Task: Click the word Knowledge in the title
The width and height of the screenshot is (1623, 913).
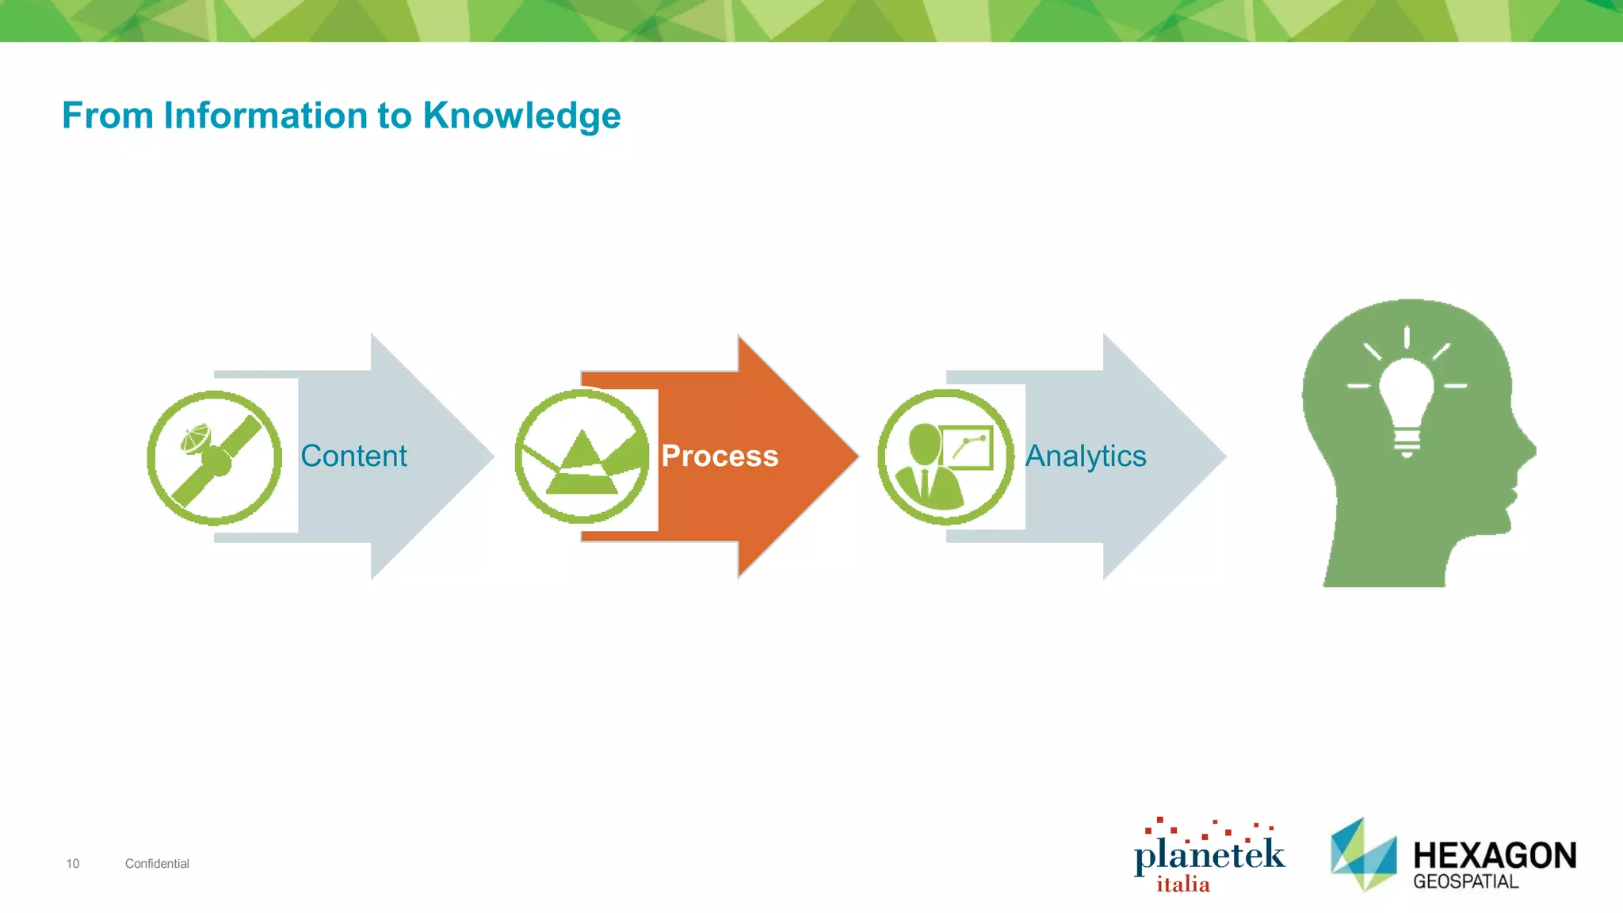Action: coord(521,117)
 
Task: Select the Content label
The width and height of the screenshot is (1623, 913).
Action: coord(353,456)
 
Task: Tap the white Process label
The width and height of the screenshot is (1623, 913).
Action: coord(720,456)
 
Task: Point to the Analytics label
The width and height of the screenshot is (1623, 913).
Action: coord(1086,456)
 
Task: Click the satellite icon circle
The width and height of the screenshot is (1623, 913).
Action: coord(214,457)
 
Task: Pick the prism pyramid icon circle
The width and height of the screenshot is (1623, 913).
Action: coord(582,456)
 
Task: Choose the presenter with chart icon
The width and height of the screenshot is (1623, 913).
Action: coord(945,456)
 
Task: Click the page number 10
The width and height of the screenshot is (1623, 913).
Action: coord(73,864)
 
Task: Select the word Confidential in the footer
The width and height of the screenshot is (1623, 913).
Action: coord(157,864)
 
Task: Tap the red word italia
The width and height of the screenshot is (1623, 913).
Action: coord(1183,884)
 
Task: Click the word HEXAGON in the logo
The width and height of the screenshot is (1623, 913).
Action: coord(1495,856)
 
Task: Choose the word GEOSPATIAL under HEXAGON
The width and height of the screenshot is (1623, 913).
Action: coord(1465,881)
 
